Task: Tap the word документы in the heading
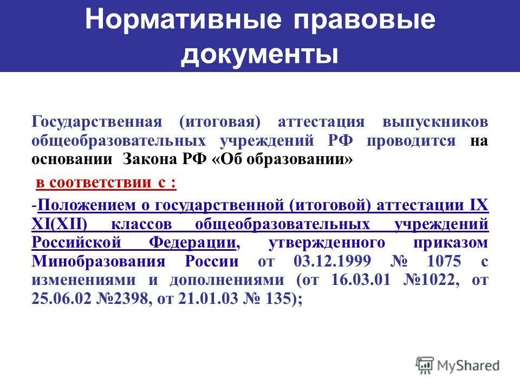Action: [x=260, y=54]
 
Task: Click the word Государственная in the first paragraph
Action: [x=97, y=122]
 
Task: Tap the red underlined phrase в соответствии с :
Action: [x=106, y=183]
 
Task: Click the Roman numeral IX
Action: [x=478, y=205]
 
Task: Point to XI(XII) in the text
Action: [x=63, y=224]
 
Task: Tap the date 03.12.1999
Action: [x=333, y=261]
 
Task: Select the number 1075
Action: [x=444, y=261]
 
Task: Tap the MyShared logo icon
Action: [x=425, y=365]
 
